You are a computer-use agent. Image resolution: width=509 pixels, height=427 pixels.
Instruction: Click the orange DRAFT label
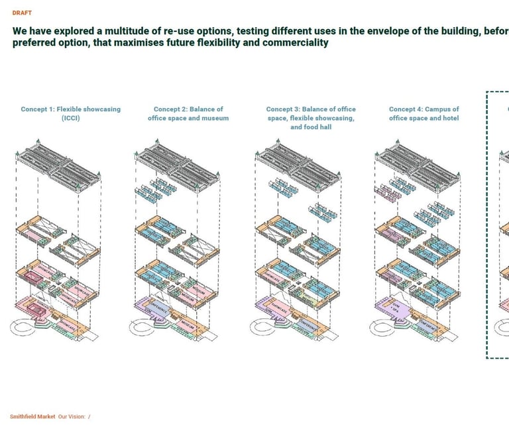point(22,13)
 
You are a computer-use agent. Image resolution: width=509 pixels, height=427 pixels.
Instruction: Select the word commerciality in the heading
point(296,42)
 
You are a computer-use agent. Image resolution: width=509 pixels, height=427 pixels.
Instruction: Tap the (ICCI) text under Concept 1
point(70,118)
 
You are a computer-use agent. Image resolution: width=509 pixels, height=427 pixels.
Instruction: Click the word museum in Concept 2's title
point(215,118)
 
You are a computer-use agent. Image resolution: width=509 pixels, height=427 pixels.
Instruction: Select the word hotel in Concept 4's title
point(449,118)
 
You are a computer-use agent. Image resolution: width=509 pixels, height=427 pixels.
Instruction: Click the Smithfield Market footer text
point(32,416)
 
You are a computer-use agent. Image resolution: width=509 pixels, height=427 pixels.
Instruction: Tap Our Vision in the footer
point(72,416)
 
